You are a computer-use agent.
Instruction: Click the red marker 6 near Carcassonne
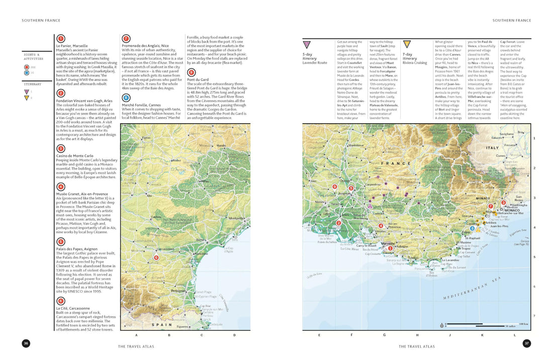[156, 257]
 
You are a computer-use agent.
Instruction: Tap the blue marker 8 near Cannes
[478, 229]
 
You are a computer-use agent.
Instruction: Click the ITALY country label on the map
[492, 148]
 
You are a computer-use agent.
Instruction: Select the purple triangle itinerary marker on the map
[370, 206]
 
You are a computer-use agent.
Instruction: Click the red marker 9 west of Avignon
[335, 187]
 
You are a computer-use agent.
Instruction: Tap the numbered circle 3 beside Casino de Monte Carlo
[61, 148]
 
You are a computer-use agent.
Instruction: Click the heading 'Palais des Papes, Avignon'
[77, 248]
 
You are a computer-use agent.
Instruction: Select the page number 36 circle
[26, 343]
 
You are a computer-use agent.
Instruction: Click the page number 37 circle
[527, 343]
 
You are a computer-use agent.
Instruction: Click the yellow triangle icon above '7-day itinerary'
[407, 44]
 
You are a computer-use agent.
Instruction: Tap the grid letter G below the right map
[384, 334]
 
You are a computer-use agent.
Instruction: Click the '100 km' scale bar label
[523, 324]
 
